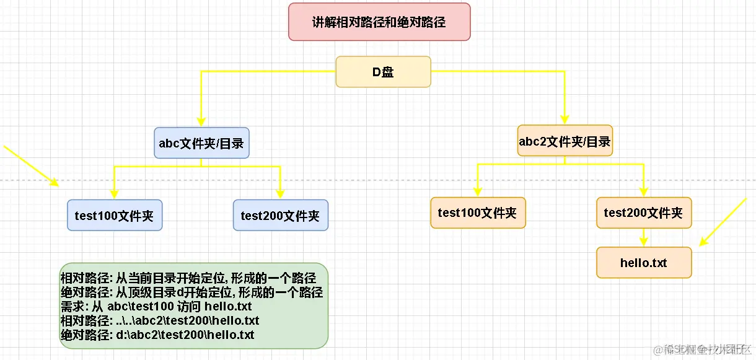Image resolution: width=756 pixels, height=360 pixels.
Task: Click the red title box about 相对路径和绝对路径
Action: point(379,22)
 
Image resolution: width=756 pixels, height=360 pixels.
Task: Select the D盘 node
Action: point(383,72)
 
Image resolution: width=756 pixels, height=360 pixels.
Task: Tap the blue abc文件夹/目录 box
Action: point(201,143)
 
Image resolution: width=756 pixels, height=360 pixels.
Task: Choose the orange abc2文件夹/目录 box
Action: point(565,141)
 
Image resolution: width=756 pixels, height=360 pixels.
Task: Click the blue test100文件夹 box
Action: point(114,216)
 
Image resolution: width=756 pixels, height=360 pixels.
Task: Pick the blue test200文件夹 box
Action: point(280,216)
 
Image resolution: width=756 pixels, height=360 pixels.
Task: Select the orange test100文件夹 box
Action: point(477,213)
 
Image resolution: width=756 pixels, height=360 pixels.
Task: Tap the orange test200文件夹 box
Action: point(643,213)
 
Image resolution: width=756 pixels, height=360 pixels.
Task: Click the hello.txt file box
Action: point(643,263)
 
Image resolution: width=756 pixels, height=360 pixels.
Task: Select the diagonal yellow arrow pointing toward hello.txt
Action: point(723,222)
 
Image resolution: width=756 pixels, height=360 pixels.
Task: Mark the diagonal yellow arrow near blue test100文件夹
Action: point(31,165)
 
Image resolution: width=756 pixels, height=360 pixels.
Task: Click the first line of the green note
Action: point(188,278)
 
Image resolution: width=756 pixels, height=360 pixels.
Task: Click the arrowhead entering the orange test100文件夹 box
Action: point(477,191)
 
